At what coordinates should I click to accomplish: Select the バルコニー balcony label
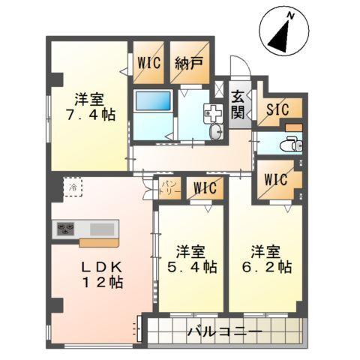coord(224,330)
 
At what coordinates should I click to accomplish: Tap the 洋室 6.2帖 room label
coord(270,258)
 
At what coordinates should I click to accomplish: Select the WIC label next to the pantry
coord(202,187)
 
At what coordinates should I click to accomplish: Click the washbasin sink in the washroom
coord(217,132)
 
